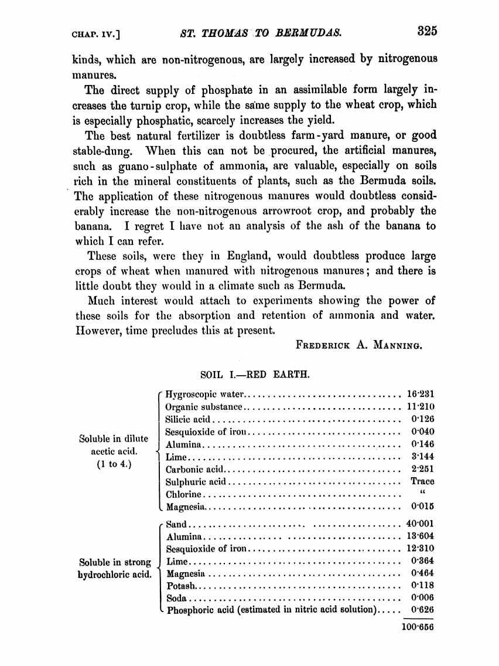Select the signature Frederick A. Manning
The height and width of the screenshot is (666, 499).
(358, 345)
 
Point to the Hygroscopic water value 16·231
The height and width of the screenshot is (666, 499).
(420, 394)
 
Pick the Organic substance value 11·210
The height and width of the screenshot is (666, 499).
(420, 406)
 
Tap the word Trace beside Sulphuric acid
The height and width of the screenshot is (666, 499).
(422, 481)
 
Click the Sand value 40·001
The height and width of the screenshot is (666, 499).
(420, 524)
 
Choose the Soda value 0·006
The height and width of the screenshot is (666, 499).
(422, 598)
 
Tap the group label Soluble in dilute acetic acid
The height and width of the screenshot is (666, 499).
(114, 451)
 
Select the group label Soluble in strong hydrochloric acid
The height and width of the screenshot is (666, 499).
(115, 568)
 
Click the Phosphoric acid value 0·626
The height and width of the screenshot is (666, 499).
(422, 610)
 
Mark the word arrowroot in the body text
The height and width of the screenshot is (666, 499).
(319, 211)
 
